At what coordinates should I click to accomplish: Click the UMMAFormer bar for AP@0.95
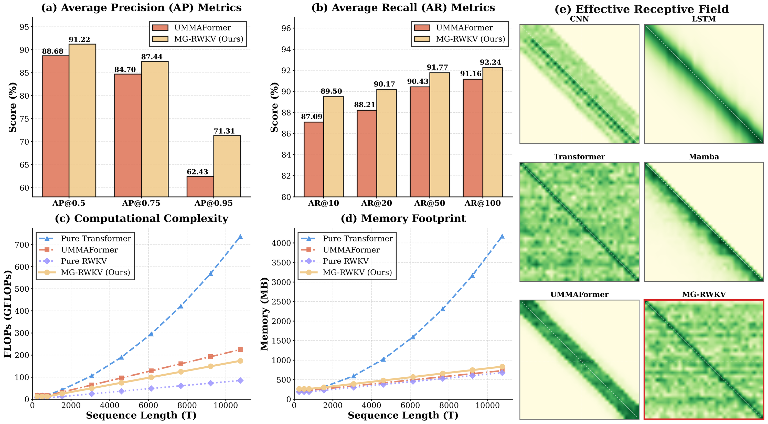(200, 187)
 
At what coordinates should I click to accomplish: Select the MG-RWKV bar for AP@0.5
(82, 120)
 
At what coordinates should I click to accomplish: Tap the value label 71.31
(224, 131)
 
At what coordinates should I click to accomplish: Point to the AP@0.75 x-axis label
(141, 203)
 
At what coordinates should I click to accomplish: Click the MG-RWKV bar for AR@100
(493, 132)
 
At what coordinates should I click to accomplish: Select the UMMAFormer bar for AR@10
(314, 159)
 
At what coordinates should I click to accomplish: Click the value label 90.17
(384, 84)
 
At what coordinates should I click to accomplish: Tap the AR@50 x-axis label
(430, 203)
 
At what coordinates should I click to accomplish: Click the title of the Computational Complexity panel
(142, 219)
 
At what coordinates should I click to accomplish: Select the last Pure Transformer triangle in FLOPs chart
(240, 237)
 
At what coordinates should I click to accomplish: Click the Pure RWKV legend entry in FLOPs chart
(84, 261)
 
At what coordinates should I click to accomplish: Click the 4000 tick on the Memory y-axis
(281, 243)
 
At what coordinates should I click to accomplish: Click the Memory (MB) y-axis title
(264, 314)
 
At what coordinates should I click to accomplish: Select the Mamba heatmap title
(704, 157)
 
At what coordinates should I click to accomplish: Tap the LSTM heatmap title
(704, 19)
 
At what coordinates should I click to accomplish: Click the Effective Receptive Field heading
(642, 9)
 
